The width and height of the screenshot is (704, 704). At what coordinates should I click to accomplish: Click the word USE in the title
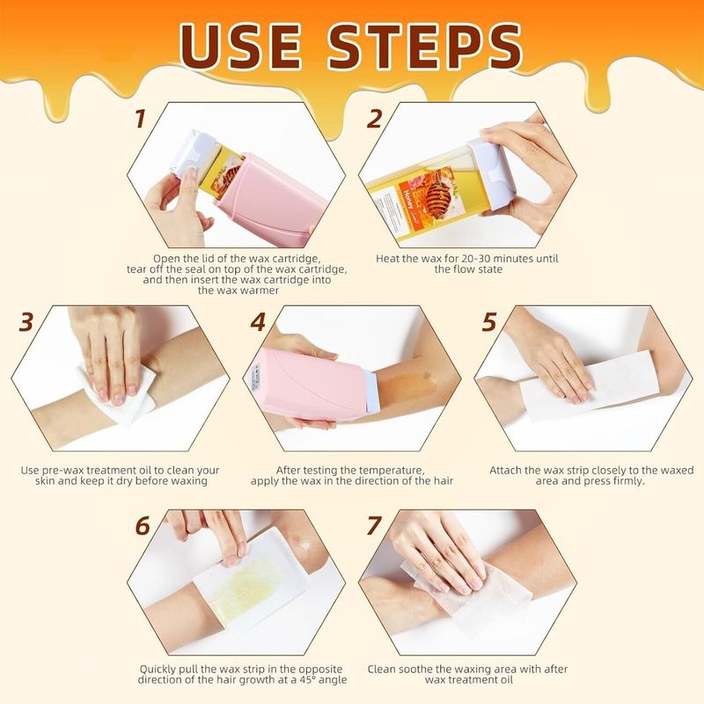(x=240, y=46)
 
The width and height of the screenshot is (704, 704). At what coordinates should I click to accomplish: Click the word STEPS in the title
(x=425, y=46)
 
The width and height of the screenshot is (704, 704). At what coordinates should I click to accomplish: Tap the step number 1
(x=141, y=119)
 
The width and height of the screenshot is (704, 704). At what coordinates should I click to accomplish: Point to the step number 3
(x=26, y=322)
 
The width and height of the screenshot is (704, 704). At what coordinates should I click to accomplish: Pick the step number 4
(x=258, y=322)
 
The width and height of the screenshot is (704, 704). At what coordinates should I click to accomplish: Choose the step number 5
(x=489, y=322)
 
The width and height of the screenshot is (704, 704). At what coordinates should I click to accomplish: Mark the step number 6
(x=143, y=525)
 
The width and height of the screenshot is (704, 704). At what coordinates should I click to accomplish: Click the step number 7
(x=374, y=525)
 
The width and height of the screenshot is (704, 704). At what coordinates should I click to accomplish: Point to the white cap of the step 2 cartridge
(x=492, y=172)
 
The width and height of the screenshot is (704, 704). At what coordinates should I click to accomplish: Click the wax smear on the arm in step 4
(x=408, y=385)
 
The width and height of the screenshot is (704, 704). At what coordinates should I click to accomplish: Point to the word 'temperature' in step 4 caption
(x=385, y=471)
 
